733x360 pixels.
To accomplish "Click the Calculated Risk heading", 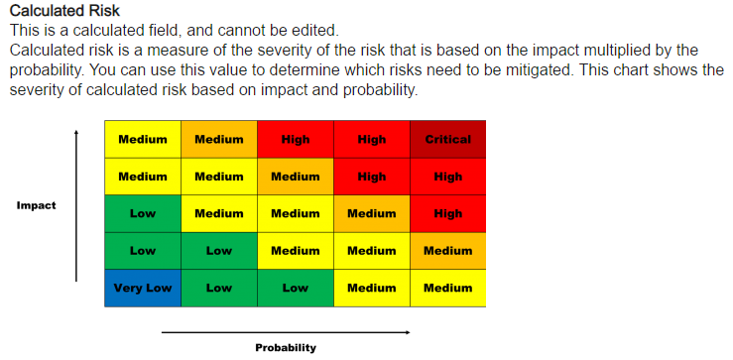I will pos(64,11).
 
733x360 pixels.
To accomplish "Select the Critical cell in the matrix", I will pos(447,139).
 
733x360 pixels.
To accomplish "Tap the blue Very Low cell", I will pos(143,288).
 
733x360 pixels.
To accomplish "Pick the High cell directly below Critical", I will pos(447,177).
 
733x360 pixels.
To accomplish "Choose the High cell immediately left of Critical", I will pos(372,139).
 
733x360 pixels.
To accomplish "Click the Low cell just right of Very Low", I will pos(219,288).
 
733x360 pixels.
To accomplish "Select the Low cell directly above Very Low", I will pos(143,251).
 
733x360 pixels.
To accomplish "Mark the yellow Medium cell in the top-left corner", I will pos(143,139).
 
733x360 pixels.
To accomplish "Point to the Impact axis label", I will pos(37,206).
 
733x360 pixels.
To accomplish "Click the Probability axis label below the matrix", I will pos(285,347).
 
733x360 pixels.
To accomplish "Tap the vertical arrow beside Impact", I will pos(76,207).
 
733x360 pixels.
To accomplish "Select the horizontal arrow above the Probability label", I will pos(285,331).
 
